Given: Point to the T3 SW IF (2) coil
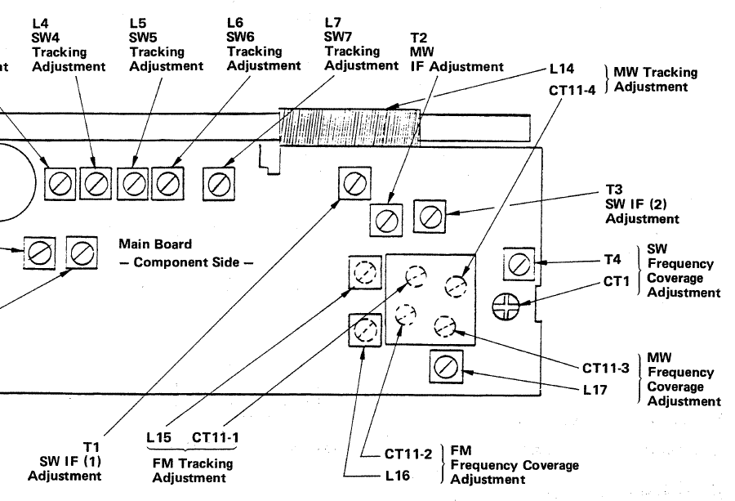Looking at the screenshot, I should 430,216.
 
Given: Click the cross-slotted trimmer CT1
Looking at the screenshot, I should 507,307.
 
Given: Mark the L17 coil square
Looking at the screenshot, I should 446,367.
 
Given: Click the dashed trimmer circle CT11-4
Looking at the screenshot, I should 455,285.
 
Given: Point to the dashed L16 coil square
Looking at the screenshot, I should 364,330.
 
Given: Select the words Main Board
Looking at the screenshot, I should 155,244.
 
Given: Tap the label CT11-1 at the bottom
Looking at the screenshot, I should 216,438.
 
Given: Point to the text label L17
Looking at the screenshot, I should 595,390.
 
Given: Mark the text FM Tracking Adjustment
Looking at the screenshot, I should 193,471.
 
